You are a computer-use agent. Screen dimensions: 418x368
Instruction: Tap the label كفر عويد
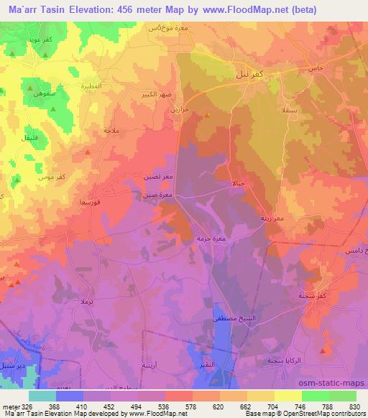click(27, 42)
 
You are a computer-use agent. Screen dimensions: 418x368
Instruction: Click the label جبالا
click(239, 183)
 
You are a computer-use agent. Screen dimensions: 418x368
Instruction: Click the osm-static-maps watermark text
click(336, 384)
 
